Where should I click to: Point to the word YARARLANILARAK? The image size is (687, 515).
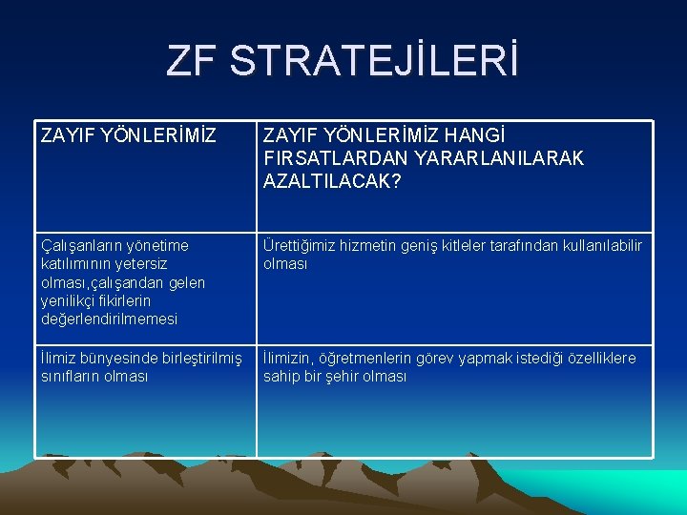(489, 157)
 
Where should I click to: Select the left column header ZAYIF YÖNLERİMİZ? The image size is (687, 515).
(122, 136)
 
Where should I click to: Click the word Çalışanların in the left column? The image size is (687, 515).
(82, 245)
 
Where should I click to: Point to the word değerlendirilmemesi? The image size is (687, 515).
(109, 319)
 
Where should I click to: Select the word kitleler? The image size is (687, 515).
(468, 245)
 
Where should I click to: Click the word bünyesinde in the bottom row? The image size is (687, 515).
(120, 358)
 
